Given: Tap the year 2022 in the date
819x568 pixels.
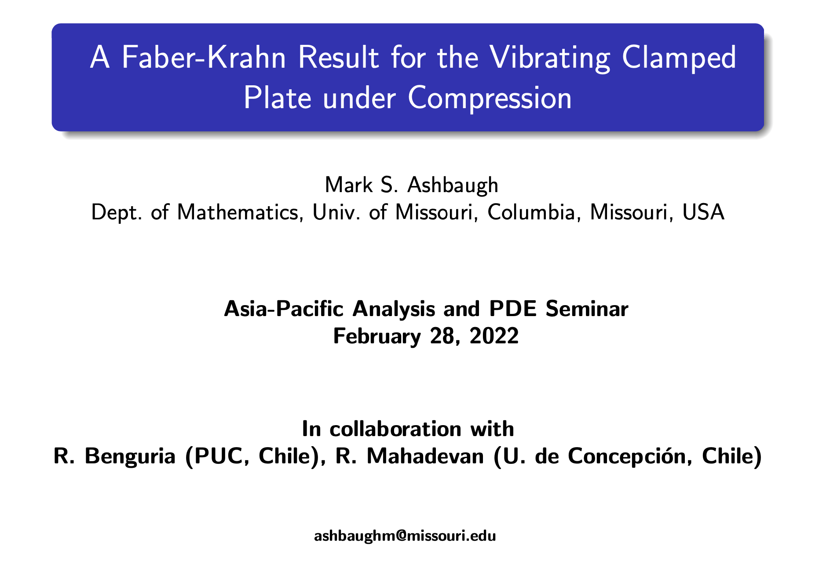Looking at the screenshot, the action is click(494, 336).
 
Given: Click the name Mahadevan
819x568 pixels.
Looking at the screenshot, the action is click(425, 456).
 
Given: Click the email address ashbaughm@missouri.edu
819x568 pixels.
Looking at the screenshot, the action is click(405, 536).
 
